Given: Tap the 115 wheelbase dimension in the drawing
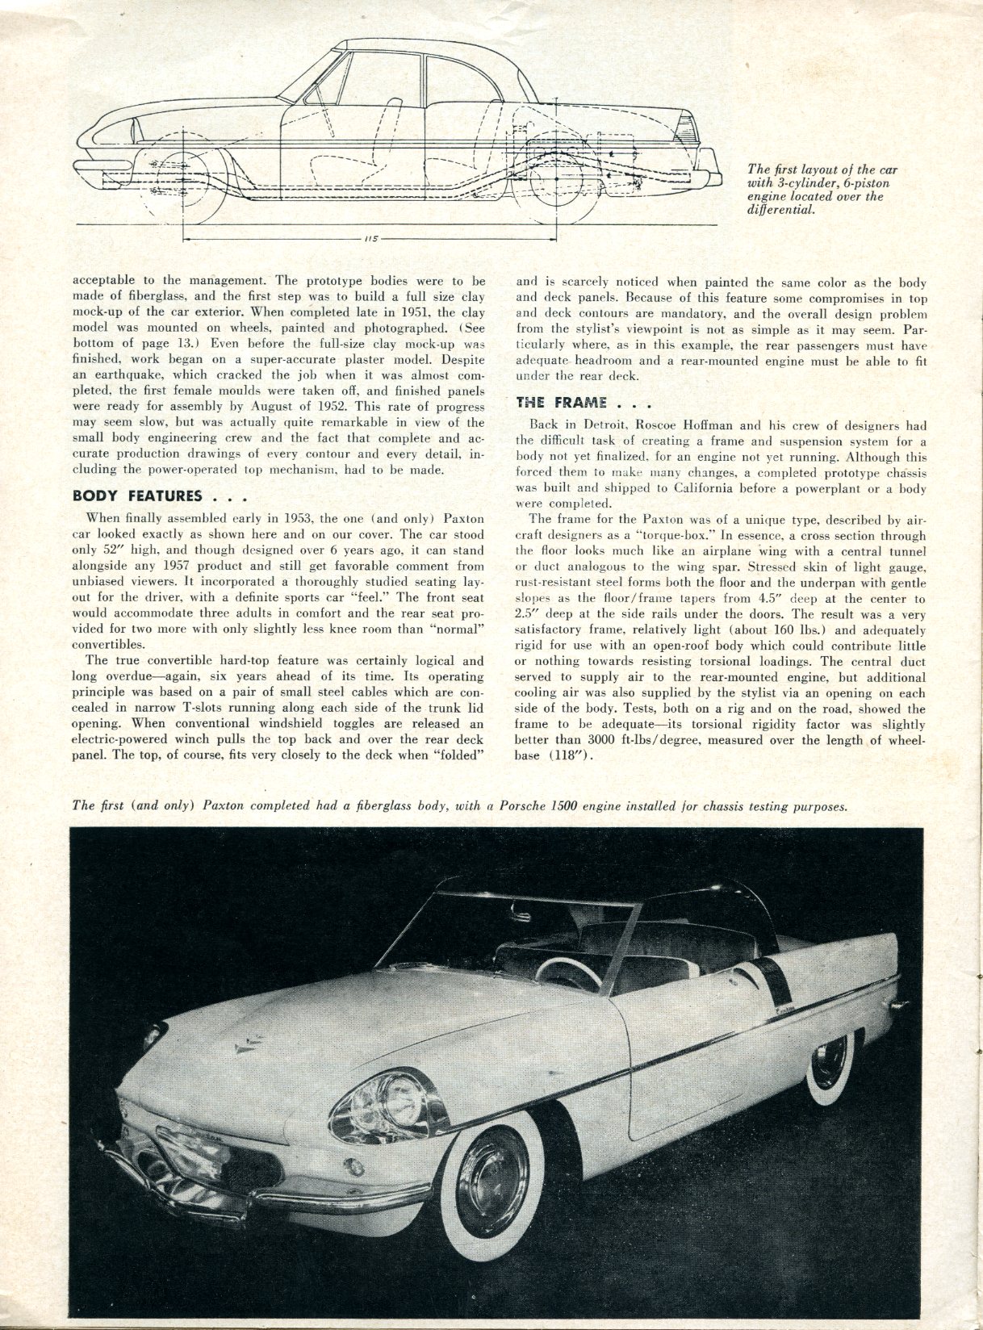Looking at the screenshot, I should pyautogui.click(x=372, y=239).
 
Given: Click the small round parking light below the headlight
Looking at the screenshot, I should pyautogui.click(x=353, y=1164).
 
